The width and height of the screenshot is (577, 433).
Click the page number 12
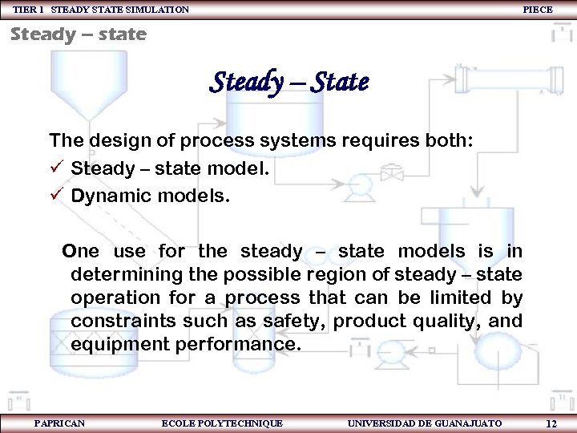[x=551, y=423]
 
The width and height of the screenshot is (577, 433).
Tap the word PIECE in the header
[x=537, y=10]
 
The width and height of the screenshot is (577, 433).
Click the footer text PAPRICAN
[x=59, y=423]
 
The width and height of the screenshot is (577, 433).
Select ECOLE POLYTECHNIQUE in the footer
[x=222, y=423]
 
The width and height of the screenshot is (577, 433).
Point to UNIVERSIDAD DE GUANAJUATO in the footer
[x=424, y=423]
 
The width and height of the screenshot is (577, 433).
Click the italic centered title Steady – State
[x=288, y=82]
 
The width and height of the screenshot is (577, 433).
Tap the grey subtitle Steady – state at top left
[x=79, y=34]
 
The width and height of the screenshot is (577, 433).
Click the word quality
[x=450, y=321]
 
